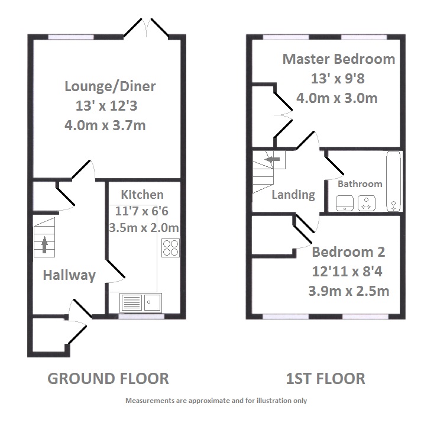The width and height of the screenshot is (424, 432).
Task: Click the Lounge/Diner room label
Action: point(110,87)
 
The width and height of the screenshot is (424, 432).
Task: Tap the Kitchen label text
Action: point(142,195)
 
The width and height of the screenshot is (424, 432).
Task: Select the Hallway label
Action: point(69,275)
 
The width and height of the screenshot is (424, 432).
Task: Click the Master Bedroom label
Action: point(338,59)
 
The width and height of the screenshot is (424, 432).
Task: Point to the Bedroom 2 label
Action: point(348,252)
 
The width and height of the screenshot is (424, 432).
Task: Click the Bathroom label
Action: point(360,183)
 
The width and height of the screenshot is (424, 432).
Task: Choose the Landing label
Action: point(293,195)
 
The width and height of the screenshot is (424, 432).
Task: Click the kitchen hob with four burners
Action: point(170,247)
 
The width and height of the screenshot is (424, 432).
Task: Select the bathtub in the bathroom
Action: point(393,182)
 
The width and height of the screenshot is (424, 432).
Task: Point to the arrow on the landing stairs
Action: point(271,159)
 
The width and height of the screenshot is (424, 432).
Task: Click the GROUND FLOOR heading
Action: point(108,378)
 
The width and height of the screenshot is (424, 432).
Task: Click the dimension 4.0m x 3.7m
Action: point(106,125)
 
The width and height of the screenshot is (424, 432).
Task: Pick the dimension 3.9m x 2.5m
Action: point(348,291)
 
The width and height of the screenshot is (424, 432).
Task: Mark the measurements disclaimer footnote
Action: point(216,401)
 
